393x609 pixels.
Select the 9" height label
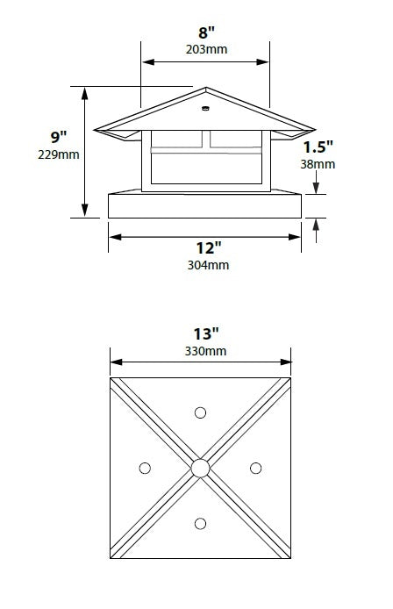coord(59,138)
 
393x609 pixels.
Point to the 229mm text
coord(59,155)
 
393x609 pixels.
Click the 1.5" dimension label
coord(319,147)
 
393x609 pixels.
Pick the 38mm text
coord(318,163)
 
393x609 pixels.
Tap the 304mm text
coord(207,265)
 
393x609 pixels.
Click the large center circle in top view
coord(200,468)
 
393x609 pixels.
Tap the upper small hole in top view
coord(200,412)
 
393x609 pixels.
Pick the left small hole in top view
coord(145,468)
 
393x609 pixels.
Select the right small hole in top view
coord(255,468)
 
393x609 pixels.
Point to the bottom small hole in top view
coord(200,524)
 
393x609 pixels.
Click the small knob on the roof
coord(204,110)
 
